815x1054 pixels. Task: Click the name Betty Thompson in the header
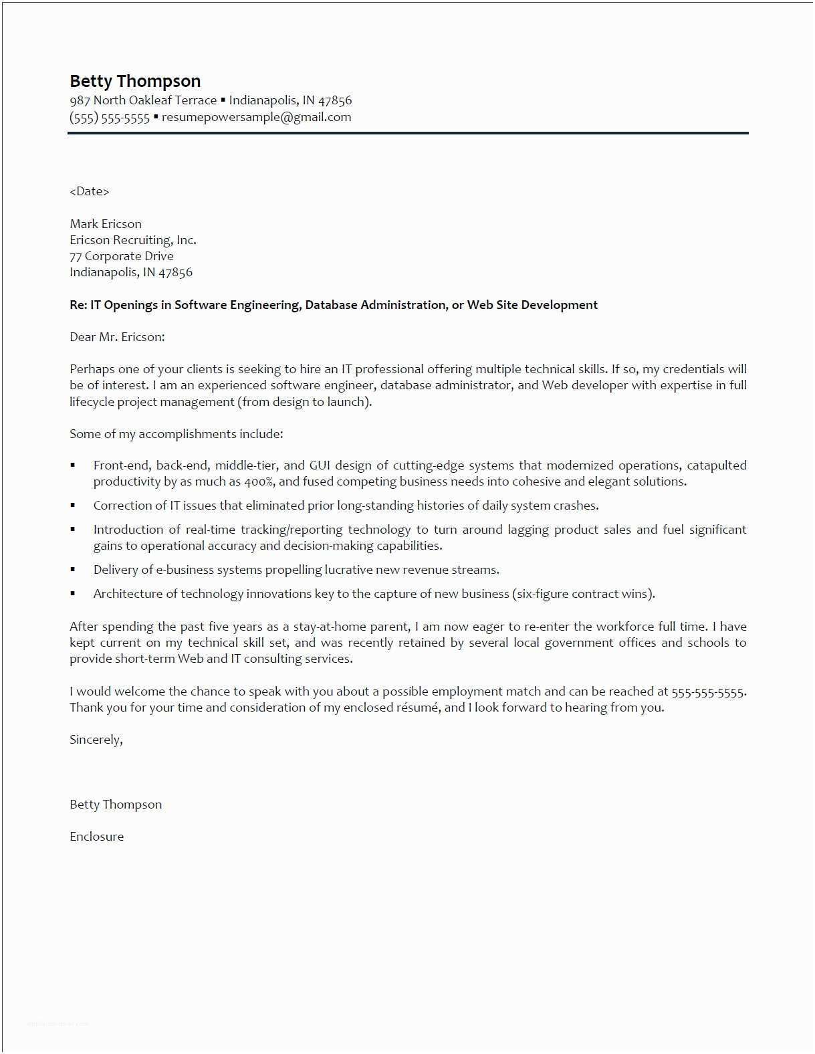click(135, 82)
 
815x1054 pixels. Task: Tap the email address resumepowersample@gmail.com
click(256, 117)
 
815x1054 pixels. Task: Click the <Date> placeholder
click(89, 191)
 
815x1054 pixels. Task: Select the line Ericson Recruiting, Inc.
click(132, 240)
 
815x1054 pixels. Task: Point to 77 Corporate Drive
click(121, 256)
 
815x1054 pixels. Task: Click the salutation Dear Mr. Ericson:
click(117, 337)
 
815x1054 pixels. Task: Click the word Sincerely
click(96, 740)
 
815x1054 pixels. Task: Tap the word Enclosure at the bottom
click(96, 837)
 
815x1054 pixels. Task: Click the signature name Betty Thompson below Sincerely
click(116, 805)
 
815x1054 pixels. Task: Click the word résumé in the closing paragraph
click(418, 708)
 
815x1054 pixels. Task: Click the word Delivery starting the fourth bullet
click(115, 570)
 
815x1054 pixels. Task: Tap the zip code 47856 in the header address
click(334, 100)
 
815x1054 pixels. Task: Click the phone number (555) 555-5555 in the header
click(110, 118)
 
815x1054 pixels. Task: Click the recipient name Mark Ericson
click(106, 224)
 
